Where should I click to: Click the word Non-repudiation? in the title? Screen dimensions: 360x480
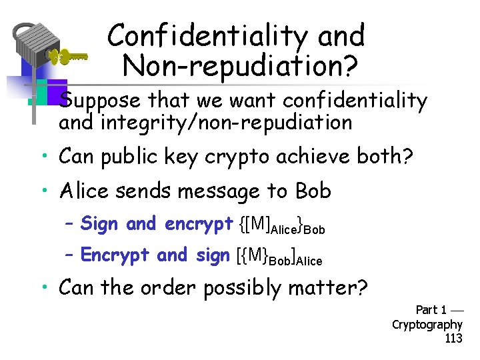tap(240, 65)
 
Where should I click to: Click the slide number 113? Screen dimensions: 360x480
tap(453, 338)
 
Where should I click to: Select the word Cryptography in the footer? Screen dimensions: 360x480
tap(427, 325)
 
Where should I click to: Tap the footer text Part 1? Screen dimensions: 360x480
tap(431, 310)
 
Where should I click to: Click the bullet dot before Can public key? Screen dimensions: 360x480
tap(42, 158)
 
